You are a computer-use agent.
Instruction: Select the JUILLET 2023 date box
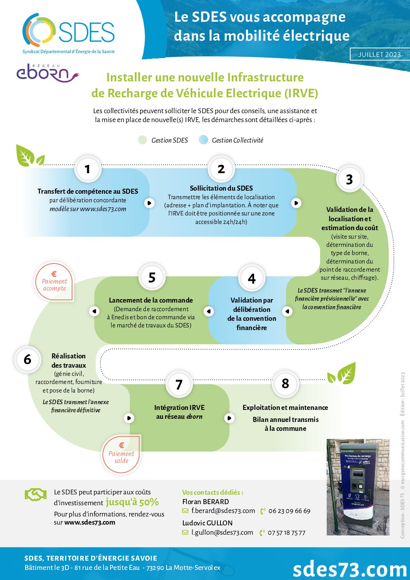pos(379,54)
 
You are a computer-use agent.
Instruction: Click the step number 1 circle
pos(88,169)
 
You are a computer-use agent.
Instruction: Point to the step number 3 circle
pos(349,179)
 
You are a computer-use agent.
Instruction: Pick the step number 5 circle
pos(152,277)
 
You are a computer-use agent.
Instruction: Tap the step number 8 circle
pos(285,384)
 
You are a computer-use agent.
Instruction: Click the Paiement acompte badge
pos(55,282)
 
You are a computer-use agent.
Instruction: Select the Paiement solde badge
pos(121,454)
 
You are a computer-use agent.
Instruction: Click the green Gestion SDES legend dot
pos(143,140)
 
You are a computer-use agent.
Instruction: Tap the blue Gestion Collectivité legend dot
pos(203,140)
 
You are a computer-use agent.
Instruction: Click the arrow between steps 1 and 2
pos(149,203)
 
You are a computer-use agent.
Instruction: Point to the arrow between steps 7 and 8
pos(229,418)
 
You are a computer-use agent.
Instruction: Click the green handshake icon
pos(35,494)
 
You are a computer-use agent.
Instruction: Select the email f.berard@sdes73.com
pos(223,511)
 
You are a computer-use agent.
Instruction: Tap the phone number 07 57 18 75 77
pos(286,533)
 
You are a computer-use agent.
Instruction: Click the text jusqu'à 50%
pos(132,502)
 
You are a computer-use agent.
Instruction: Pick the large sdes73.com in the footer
pos(350,569)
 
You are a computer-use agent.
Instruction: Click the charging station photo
pos(358,487)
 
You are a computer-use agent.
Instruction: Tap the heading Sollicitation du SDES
pos(221,188)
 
